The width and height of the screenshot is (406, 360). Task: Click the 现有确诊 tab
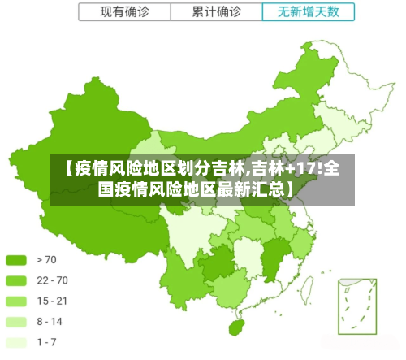[124, 12]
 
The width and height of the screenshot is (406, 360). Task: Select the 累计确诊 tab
[216, 12]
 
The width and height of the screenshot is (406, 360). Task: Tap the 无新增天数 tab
[309, 12]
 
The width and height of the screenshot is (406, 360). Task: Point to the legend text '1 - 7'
[47, 341]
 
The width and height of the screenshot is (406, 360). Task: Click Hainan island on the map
[238, 327]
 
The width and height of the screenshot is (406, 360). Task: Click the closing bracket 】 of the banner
[290, 190]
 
